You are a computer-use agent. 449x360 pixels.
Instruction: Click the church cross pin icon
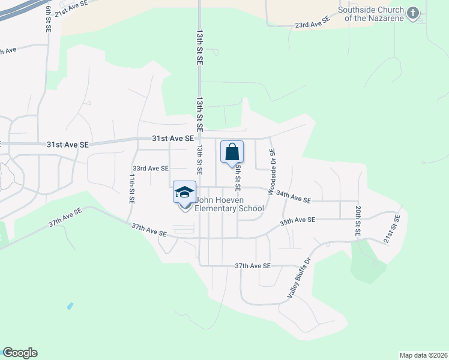(412, 13)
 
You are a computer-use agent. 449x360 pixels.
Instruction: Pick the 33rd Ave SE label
(151, 169)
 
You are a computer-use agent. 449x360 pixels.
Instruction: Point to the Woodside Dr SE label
(271, 166)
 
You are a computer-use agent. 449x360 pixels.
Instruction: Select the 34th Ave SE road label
(294, 196)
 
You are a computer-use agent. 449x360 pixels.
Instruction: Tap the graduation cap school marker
(184, 192)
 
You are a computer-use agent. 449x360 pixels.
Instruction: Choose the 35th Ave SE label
(298, 221)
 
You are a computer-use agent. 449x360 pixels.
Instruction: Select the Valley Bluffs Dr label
(300, 278)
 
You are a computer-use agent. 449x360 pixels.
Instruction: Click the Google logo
(20, 353)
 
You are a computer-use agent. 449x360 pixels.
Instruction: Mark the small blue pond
(70, 305)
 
